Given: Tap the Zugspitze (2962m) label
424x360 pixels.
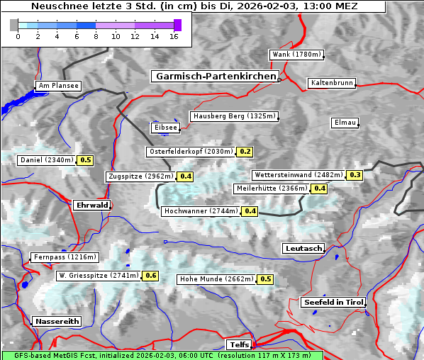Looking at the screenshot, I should (140, 176).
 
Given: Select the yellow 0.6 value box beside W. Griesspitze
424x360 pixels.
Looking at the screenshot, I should (150, 276).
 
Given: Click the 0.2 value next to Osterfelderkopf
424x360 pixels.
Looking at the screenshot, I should (245, 152).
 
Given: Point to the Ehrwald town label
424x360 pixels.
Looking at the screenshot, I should (91, 205).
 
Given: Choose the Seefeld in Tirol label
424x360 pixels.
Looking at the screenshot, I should (333, 302).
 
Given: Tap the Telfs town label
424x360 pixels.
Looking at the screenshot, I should (239, 344).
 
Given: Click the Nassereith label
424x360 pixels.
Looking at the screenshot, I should (56, 321).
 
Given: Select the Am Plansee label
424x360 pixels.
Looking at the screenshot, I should (57, 86).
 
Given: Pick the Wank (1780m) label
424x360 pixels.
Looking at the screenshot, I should (296, 55).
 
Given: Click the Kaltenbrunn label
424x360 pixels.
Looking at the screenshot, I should (331, 83).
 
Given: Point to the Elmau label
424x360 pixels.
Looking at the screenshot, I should (345, 123).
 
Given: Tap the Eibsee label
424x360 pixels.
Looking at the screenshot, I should (164, 128).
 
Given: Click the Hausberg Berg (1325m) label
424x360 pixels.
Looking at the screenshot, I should (233, 116).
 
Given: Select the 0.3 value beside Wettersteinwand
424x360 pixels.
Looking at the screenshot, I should (355, 175).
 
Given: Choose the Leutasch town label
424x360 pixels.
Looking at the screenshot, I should (303, 248).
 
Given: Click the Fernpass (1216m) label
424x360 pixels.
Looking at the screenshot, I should (65, 257).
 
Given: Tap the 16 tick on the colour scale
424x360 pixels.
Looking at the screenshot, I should (174, 35).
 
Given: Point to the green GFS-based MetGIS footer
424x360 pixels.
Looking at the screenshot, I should (162, 355).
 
